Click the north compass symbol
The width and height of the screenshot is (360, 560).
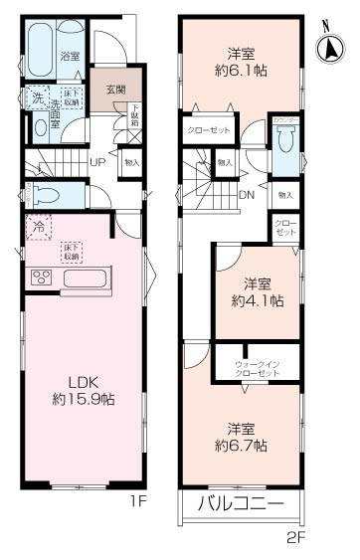pos(330,46)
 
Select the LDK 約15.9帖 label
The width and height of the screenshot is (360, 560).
pos(83,389)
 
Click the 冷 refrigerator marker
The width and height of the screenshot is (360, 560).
pos(38,228)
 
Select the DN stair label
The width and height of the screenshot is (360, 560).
pos(248,194)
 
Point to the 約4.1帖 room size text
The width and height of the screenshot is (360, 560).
pos(257,299)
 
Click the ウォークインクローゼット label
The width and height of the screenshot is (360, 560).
pos(257,369)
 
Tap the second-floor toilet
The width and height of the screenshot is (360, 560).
pos(285,147)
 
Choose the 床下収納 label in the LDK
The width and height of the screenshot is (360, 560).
pos(70,252)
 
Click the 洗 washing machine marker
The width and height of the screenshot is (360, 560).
pos(36,100)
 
